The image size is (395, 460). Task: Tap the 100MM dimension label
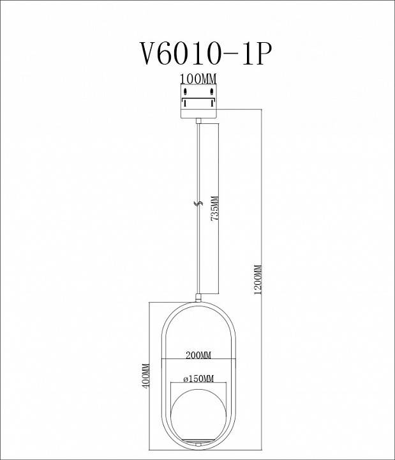click(x=198, y=79)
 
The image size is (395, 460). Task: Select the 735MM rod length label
click(x=215, y=207)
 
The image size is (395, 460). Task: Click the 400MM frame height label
click(x=145, y=376)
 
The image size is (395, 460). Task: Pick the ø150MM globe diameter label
click(x=198, y=378)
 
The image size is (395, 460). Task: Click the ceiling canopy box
click(x=199, y=102)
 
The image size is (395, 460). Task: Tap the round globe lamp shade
click(x=199, y=412)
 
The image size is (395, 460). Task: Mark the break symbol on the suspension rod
click(x=198, y=204)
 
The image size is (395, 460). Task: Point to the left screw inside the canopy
click(x=186, y=100)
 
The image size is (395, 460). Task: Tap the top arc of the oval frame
click(x=199, y=303)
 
